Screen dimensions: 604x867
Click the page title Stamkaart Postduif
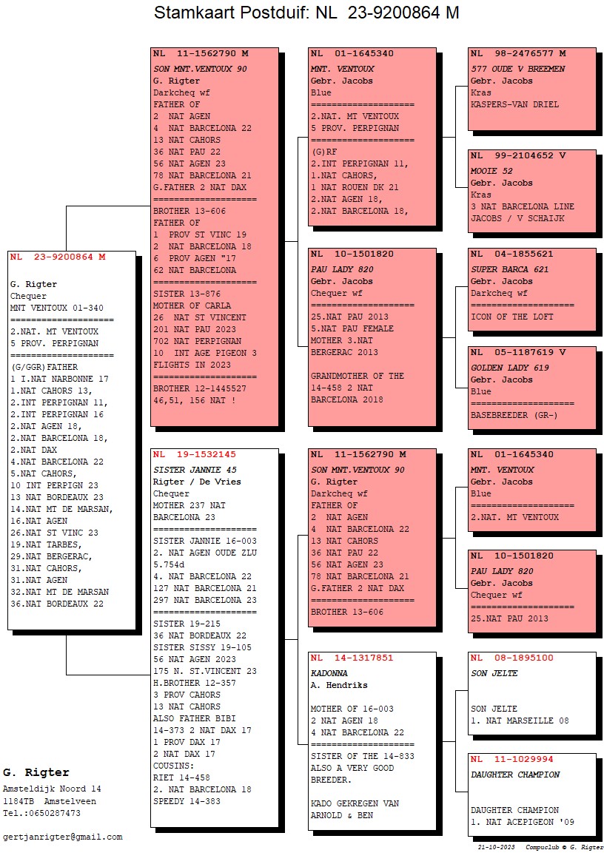click(x=230, y=12)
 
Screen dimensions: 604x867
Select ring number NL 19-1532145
click(x=194, y=454)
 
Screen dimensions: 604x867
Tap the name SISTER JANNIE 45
click(x=195, y=470)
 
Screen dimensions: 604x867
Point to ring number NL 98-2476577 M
click(x=518, y=54)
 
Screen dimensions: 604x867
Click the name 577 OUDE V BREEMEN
click(x=517, y=69)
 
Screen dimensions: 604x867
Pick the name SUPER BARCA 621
click(x=509, y=270)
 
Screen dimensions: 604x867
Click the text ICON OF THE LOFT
click(x=511, y=317)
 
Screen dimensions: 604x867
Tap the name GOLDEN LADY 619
click(x=509, y=368)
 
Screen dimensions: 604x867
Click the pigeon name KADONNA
click(x=329, y=673)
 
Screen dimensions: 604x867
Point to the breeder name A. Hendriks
click(x=339, y=685)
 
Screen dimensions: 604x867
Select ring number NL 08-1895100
click(x=511, y=658)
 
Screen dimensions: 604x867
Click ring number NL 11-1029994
click(x=511, y=760)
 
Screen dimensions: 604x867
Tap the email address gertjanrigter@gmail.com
click(x=62, y=837)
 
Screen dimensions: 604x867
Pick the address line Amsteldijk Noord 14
click(x=52, y=789)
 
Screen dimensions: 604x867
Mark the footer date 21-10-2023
click(x=496, y=847)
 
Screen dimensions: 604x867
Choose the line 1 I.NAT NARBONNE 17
click(x=59, y=379)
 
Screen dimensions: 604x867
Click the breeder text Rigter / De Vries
click(x=197, y=482)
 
